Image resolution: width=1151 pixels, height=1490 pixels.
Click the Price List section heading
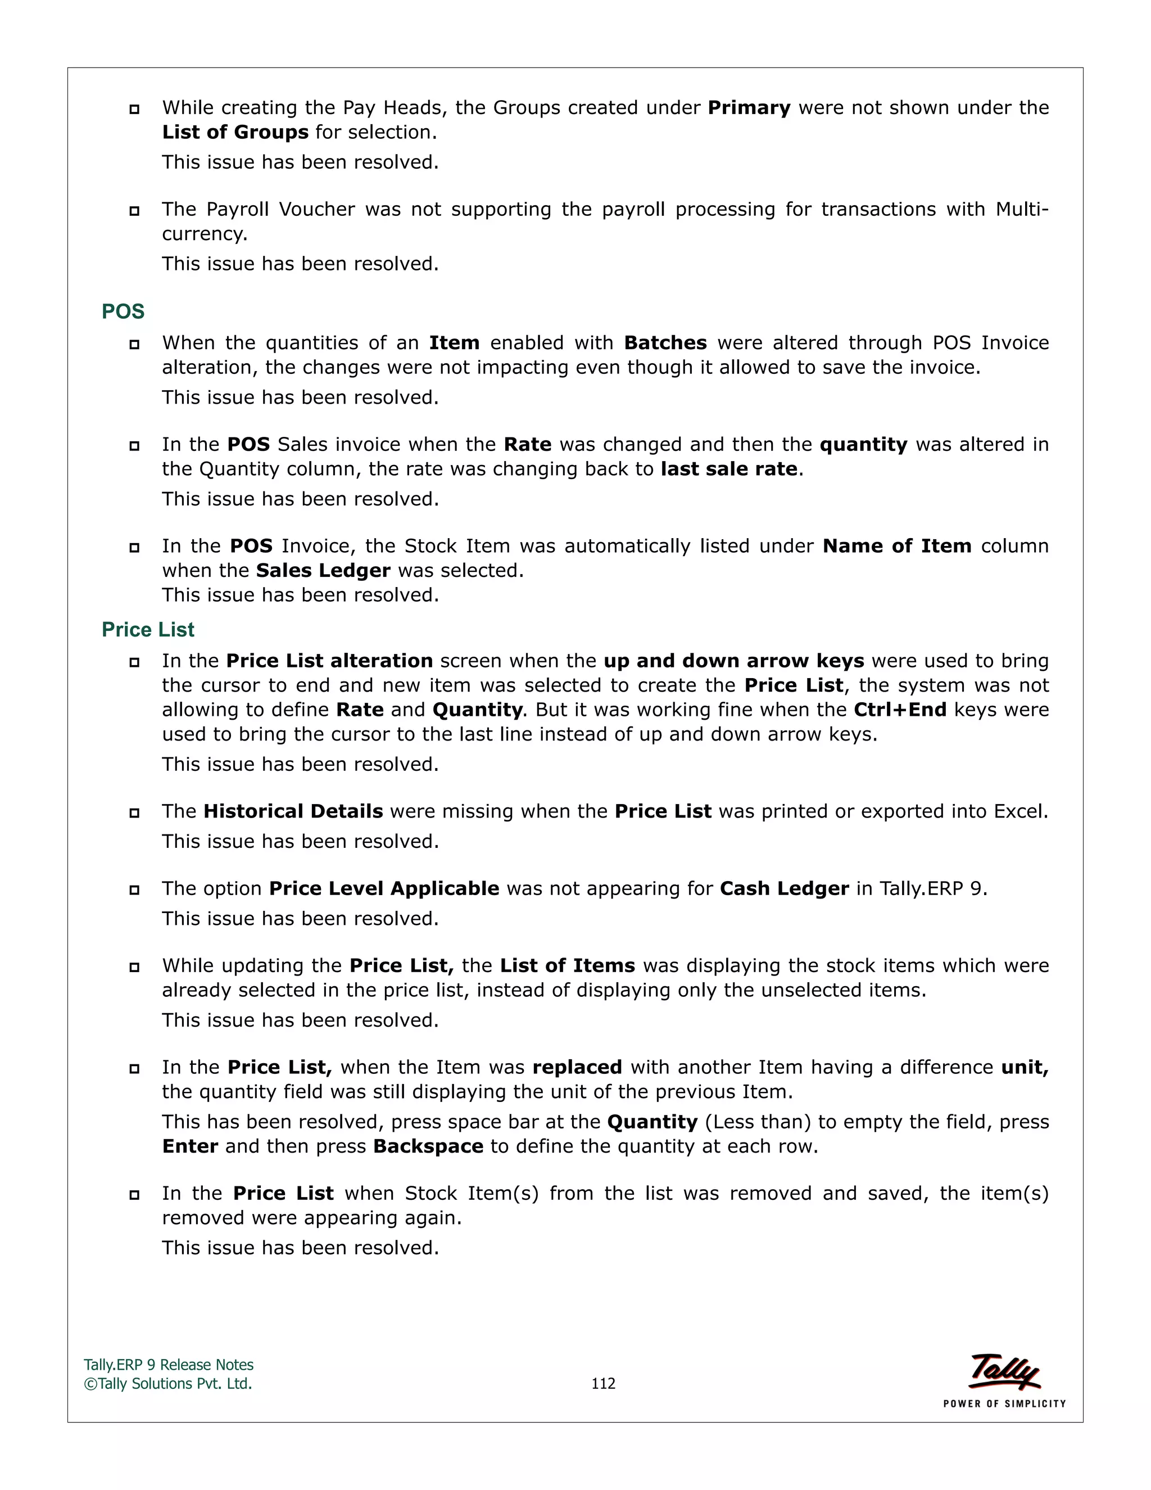[148, 629]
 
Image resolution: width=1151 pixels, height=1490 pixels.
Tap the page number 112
[603, 1383]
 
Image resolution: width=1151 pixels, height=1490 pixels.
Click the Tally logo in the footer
[1004, 1371]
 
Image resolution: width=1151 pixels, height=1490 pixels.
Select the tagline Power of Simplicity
[1004, 1403]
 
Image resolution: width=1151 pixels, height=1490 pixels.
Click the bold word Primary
[749, 108]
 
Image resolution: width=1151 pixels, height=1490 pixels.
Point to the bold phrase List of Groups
[235, 132]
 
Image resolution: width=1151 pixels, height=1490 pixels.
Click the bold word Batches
[665, 342]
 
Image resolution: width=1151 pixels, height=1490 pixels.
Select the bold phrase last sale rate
[729, 469]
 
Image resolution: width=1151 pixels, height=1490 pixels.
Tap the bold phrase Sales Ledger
[323, 570]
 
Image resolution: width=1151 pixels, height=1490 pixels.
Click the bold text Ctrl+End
[900, 710]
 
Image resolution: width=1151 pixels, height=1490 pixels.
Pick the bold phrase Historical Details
[293, 811]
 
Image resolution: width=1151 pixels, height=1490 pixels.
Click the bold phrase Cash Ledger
[784, 888]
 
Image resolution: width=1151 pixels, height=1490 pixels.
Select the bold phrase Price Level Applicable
[384, 888]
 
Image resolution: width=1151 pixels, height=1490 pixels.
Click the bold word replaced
[577, 1067]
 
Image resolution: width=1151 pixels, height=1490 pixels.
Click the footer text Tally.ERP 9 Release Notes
[169, 1365]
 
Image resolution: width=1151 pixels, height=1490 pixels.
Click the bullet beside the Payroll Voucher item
[134, 211]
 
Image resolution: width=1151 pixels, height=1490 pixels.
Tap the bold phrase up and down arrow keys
[733, 661]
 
